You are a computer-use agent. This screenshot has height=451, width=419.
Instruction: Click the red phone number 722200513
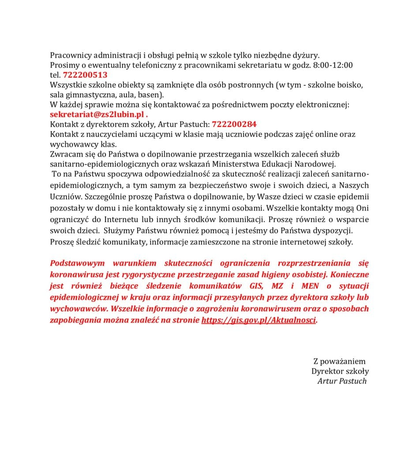[85, 75]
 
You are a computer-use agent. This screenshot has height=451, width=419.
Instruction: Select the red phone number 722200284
[234, 124]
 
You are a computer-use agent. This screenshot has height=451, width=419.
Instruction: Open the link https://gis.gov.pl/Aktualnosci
[258, 320]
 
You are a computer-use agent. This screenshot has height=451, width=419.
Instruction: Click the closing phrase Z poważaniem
[339, 362]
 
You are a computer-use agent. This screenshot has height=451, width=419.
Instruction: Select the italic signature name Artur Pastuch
[342, 381]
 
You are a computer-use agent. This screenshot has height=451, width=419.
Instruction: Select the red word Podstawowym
[78, 263]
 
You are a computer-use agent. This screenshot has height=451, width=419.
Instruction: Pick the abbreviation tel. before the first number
[55, 75]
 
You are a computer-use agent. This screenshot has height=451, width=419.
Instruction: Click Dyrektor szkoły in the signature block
[340, 371]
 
